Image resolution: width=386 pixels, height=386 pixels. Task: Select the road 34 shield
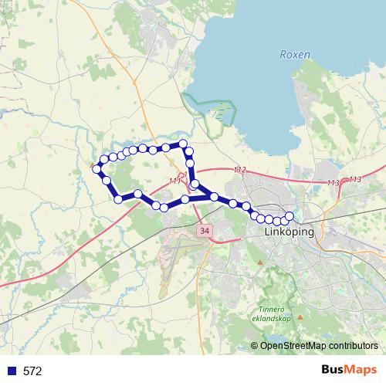click(204, 230)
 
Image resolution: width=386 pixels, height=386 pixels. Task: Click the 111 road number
click(174, 181)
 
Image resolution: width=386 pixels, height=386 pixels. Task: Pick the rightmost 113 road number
click(354, 179)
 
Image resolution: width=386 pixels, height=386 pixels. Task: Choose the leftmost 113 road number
click(334, 182)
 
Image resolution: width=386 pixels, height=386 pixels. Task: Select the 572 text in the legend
click(32, 371)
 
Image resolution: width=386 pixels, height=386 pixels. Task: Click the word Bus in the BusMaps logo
click(333, 370)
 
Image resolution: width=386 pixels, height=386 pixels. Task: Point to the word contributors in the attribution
click(353, 345)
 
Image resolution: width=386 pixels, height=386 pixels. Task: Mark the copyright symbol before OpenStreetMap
click(255, 345)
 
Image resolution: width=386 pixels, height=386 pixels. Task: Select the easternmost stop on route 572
click(289, 216)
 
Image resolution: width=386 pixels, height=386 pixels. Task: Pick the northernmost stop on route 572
click(183, 144)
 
